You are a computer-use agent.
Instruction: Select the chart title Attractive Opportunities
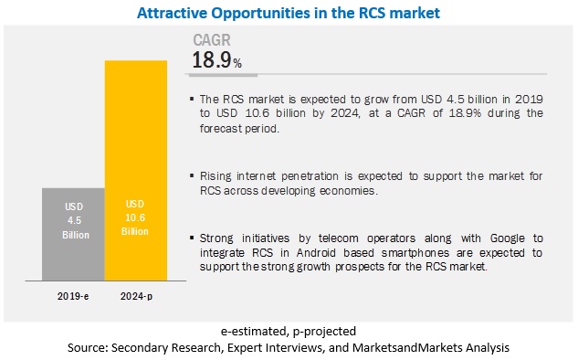tap(289, 13)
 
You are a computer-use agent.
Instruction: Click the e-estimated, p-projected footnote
tap(288, 330)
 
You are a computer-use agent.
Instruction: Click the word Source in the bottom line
tap(95, 347)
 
